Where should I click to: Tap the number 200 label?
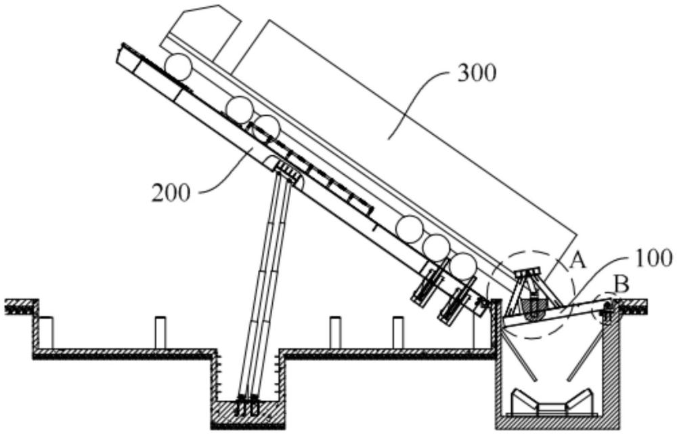[171, 193]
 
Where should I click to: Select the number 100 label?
[652, 258]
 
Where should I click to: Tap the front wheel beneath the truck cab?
[178, 67]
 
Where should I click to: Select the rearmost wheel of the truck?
[462, 266]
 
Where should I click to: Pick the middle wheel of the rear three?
[435, 247]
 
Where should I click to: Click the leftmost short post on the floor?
[46, 333]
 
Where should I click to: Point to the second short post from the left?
[160, 333]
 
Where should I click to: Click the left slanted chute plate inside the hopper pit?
[521, 355]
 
